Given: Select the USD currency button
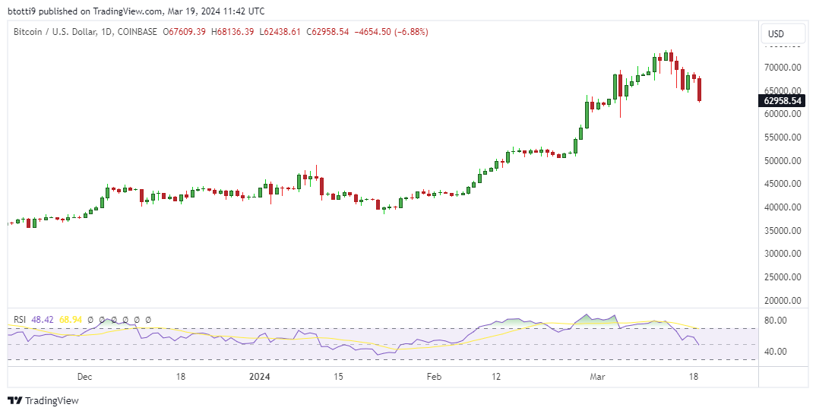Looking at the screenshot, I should tap(776, 34).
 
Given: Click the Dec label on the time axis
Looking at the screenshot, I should tap(84, 376).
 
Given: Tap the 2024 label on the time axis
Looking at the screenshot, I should tap(261, 376).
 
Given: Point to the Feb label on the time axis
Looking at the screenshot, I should tap(434, 376).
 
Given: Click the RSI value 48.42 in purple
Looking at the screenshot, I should tap(42, 320).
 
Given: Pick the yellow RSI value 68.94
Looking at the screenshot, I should tap(71, 320).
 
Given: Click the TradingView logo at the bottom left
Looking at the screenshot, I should tap(43, 400).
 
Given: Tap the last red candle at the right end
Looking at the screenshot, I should tap(700, 90).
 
